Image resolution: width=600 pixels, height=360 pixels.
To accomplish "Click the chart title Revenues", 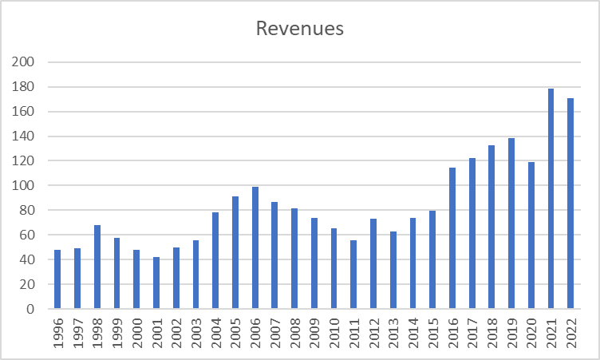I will (299, 29).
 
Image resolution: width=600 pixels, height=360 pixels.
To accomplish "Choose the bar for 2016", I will (452, 239).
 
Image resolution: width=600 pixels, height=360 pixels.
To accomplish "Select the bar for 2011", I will (353, 275).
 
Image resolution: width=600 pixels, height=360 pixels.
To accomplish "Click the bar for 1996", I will (57, 279).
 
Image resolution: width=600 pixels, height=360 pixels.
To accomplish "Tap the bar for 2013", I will (393, 270).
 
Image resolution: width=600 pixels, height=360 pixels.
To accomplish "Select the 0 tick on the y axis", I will (31, 309).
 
